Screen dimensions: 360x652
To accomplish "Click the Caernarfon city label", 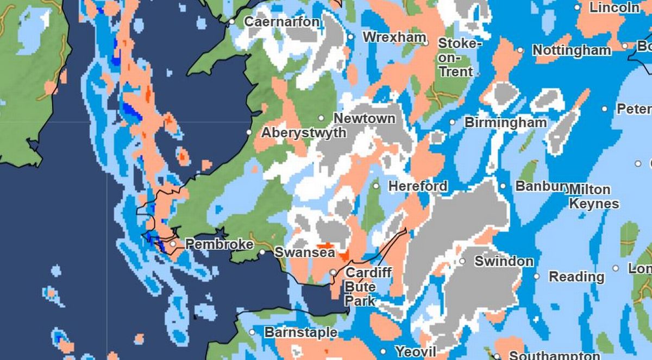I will (282, 22).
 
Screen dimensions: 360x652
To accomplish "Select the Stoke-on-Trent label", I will (456, 57).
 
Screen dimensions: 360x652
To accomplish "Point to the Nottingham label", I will (572, 50).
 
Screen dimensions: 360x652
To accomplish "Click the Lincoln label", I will (615, 8).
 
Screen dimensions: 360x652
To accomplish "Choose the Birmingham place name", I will (505, 123).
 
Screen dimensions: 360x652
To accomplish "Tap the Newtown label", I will (365, 118).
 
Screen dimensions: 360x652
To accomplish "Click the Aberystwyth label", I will (304, 133).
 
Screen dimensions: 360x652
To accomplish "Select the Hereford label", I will (418, 186).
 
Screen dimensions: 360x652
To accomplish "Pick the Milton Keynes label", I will (594, 197).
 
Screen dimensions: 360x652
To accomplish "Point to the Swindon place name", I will (504, 261).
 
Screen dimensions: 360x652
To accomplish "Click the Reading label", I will (576, 277).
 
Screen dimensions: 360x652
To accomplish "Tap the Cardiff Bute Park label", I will (368, 286).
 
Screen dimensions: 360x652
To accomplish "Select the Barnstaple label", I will (300, 332).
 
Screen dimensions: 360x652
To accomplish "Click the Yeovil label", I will (416, 352).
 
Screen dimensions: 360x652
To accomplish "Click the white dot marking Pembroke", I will (173, 244).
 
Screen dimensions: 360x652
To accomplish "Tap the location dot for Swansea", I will (262, 252).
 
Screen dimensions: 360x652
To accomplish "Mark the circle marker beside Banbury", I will (503, 186).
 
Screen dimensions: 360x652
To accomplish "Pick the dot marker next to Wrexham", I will (350, 37).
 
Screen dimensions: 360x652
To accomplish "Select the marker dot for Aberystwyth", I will (249, 132).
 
